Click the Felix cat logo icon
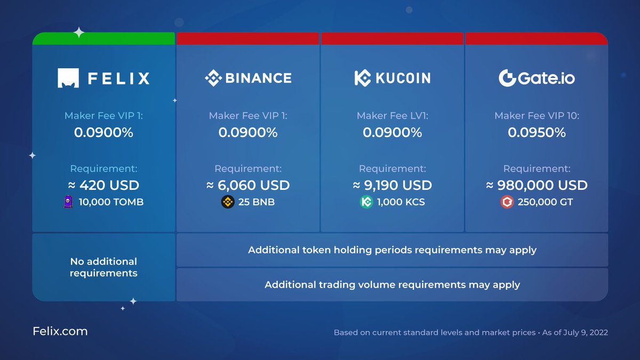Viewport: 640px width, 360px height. point(68,78)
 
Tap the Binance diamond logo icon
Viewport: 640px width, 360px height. point(213,78)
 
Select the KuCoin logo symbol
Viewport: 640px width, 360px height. point(362,78)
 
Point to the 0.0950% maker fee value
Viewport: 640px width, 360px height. point(537,132)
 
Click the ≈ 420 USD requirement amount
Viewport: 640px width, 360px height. point(103,185)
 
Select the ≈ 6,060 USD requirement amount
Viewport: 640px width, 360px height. point(248,185)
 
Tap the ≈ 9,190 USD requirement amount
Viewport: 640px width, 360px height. point(392,185)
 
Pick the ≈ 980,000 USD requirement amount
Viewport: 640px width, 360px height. point(537,185)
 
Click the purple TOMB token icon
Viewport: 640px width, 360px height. point(68,202)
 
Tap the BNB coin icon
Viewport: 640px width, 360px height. point(228,202)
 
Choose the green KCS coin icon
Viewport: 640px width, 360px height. point(366,202)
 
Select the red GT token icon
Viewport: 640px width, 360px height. point(507,202)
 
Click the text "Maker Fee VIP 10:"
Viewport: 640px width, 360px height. point(537,116)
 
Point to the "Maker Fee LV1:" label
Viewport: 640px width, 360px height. point(392,116)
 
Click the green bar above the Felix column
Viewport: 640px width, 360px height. point(103,39)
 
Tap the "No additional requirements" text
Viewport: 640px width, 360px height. point(103,267)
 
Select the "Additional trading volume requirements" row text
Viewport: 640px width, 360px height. point(392,285)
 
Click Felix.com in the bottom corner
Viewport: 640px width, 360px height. point(60,331)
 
